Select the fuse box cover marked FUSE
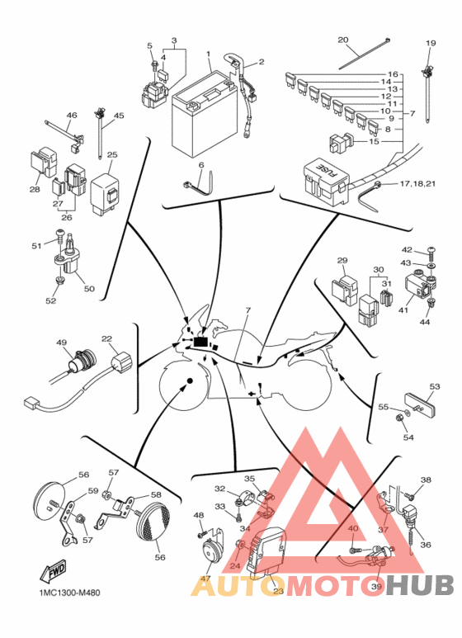pos(326,181)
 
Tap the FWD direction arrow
pos(53,571)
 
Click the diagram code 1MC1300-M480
pos(69,593)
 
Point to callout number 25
pos(112,154)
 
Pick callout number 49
pos(61,343)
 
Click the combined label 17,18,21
pos(417,184)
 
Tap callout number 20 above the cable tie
pos(343,40)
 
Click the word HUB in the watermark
pos(420,586)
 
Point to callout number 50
pos(89,289)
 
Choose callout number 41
pos(403,310)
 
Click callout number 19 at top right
pos(431,43)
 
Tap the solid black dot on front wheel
pos(190,380)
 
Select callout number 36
pos(426,545)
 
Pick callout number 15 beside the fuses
pos(374,142)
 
